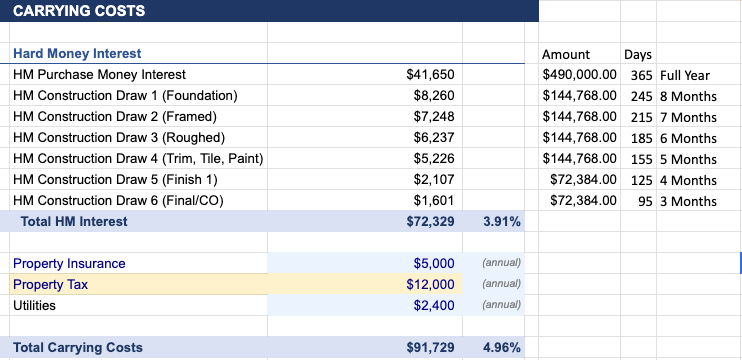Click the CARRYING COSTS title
point(78,11)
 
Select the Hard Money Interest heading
point(77,53)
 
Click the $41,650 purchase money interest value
point(431,74)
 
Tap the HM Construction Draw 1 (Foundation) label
point(125,96)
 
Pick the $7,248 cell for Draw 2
point(434,117)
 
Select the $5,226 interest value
point(434,159)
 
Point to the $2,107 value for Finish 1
point(434,180)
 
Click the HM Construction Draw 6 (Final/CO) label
point(118,201)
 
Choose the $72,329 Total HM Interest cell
point(431,222)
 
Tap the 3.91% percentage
point(501,222)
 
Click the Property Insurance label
point(69,264)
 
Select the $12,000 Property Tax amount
point(431,285)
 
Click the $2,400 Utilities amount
point(434,305)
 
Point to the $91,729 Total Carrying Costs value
point(431,347)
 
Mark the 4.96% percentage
point(501,347)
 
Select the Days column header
point(637,54)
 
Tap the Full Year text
point(685,75)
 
